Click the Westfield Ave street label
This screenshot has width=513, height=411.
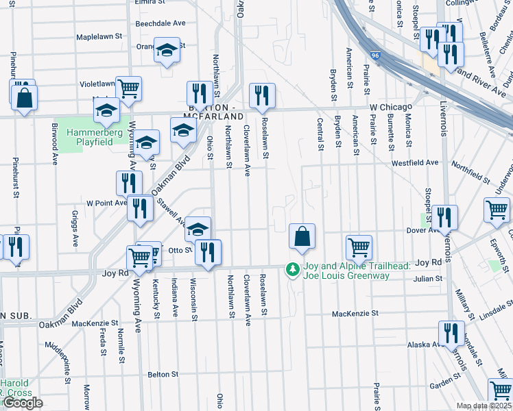coord(415,163)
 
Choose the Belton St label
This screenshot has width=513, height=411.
coord(163,375)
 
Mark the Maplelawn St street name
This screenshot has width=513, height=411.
coord(99,36)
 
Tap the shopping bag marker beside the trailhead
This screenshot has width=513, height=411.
coord(302,237)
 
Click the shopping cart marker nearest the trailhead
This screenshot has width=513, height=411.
coord(359,247)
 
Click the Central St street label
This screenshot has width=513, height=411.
coord(320,133)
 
